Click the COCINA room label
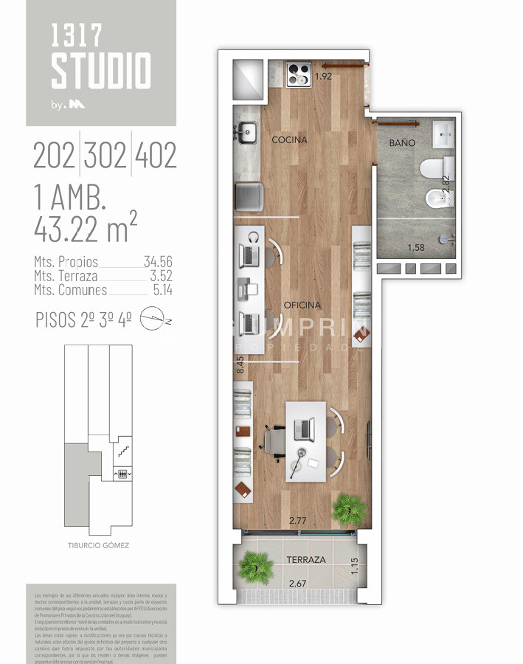pyautogui.click(x=289, y=139)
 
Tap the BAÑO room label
pyautogui.click(x=403, y=142)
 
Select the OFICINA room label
pyautogui.click(x=302, y=305)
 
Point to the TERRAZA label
pyautogui.click(x=305, y=560)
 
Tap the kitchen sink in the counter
pyautogui.click(x=247, y=134)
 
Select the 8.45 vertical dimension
pyautogui.click(x=240, y=367)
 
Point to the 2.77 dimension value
pyautogui.click(x=297, y=521)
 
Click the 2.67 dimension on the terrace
pyautogui.click(x=297, y=584)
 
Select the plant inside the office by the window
pyautogui.click(x=348, y=508)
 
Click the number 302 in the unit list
pyautogui.click(x=105, y=156)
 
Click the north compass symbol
pyautogui.click(x=154, y=319)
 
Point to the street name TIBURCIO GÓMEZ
pyautogui.click(x=98, y=546)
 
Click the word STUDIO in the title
pyautogui.click(x=101, y=71)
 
